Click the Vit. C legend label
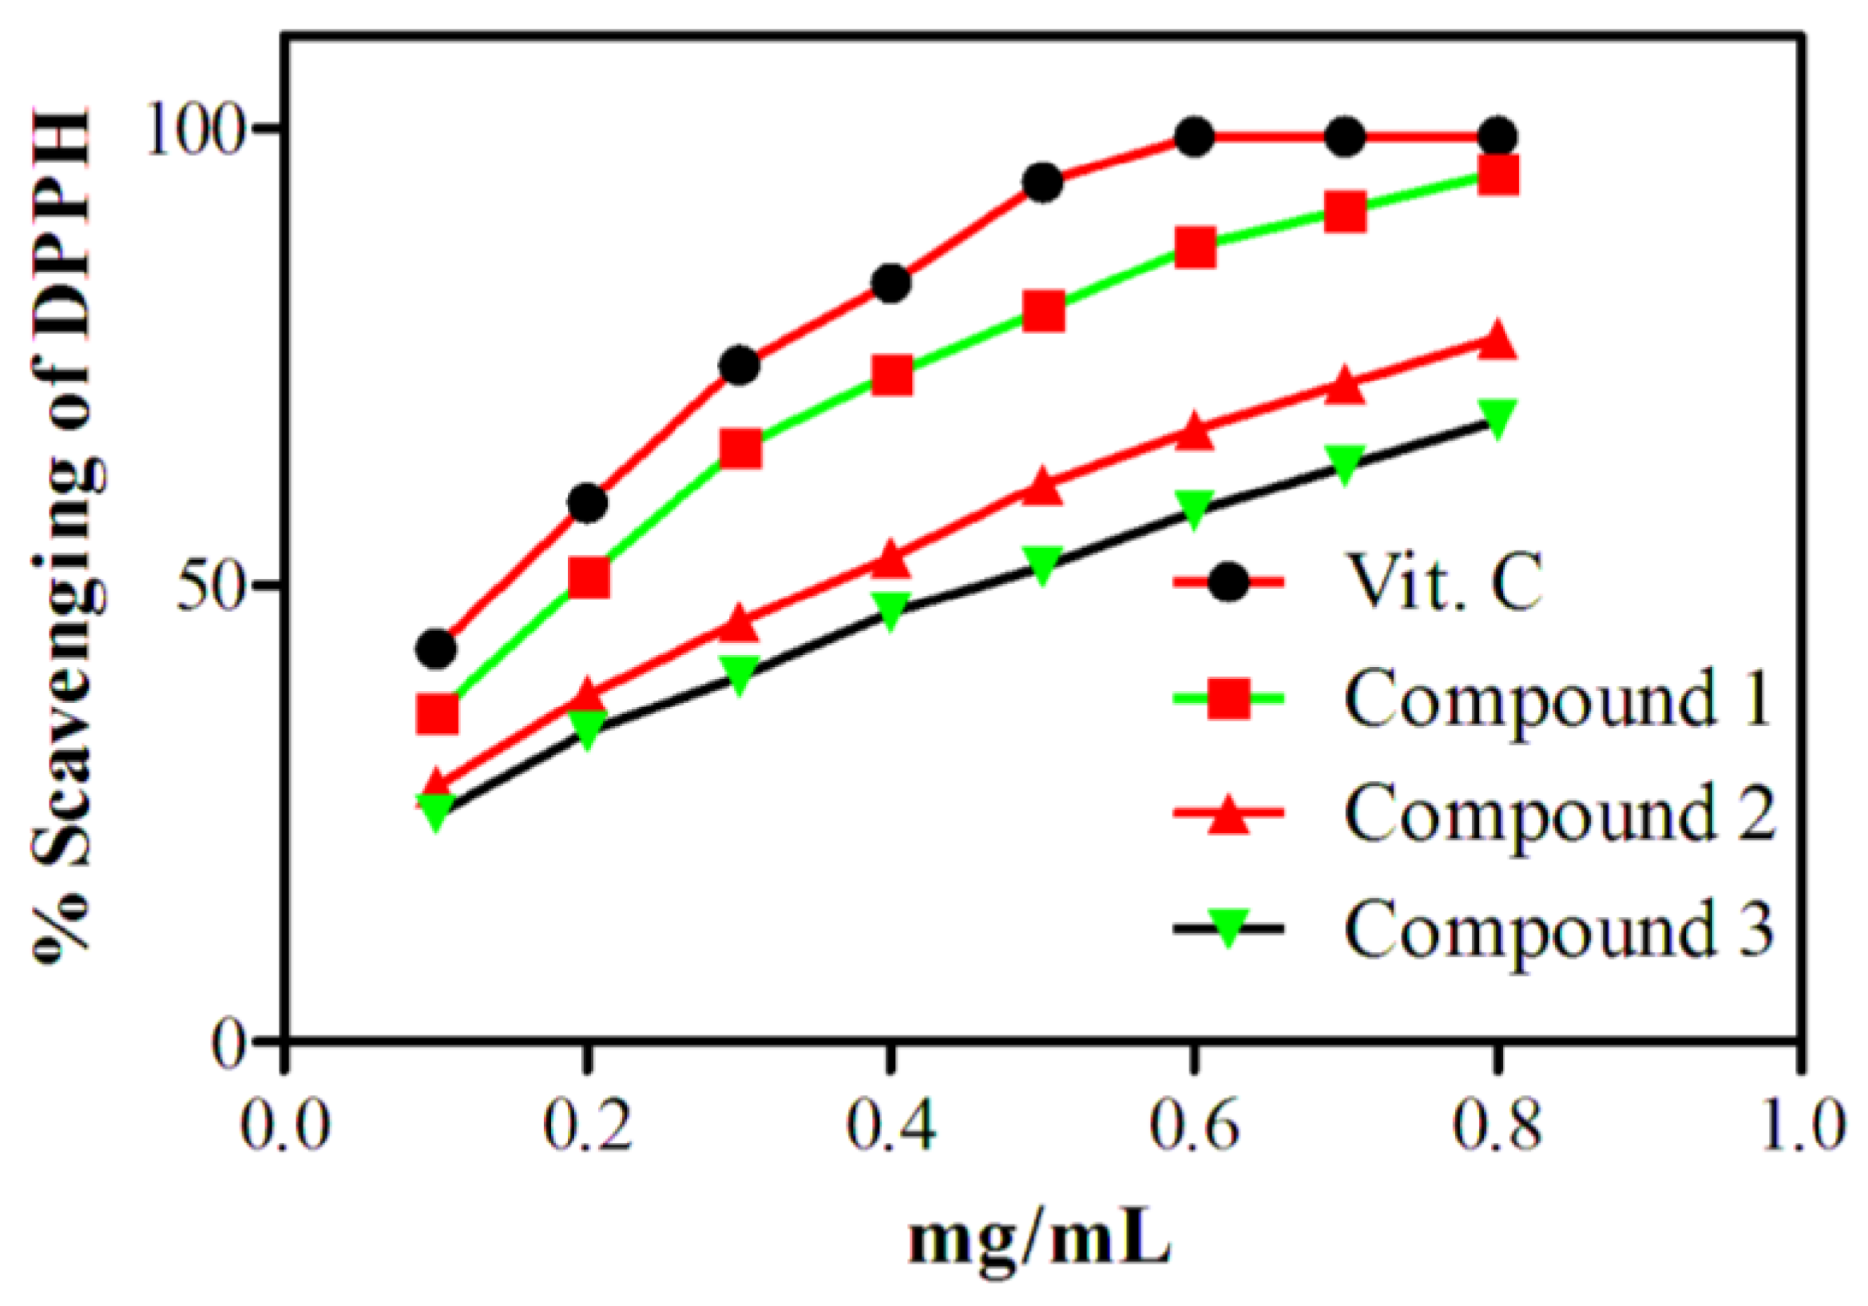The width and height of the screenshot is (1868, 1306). (1442, 583)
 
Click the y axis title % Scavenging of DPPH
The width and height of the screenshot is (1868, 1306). (64, 535)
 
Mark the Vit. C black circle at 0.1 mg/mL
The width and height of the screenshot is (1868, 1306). (437, 649)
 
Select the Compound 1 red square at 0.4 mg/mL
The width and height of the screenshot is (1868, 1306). (892, 376)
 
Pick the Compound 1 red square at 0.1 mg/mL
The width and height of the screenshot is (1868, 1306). (437, 713)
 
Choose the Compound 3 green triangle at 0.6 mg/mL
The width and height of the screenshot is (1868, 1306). (1194, 508)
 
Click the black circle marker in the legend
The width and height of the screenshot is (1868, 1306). (1229, 583)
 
